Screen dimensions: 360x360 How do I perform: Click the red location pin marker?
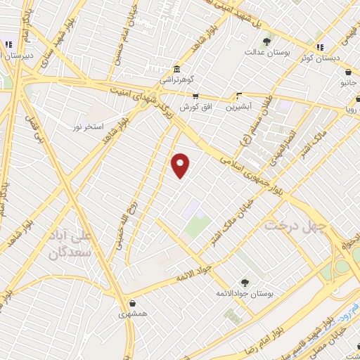(181, 165)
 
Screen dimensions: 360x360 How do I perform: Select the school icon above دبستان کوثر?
(320, 47)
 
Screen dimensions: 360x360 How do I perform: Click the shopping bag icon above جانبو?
(348, 72)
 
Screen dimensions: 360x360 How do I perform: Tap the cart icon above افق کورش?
(195, 96)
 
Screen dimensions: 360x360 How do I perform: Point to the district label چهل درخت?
(292, 224)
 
